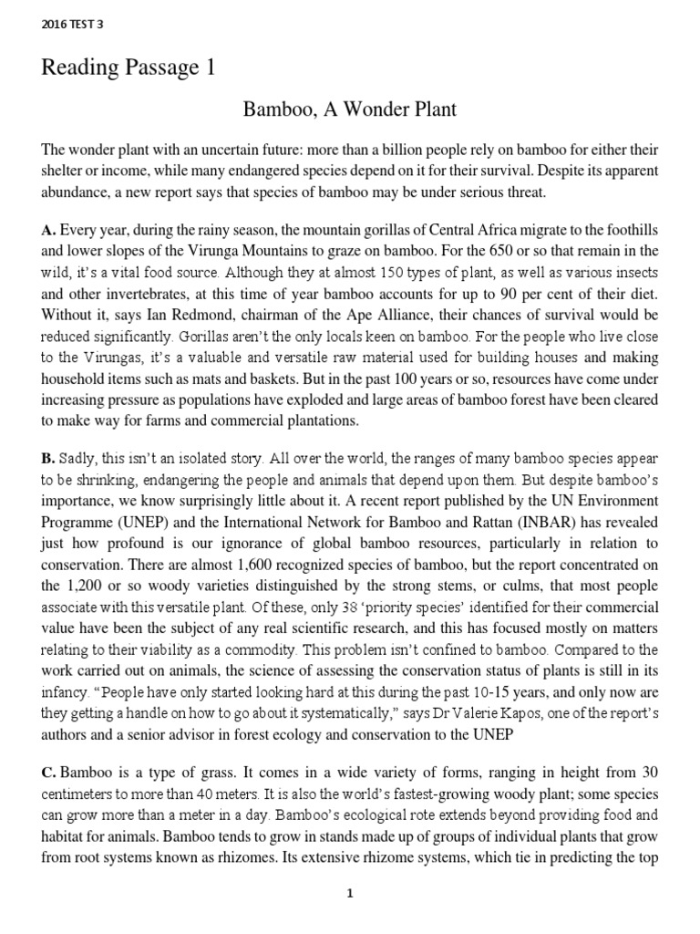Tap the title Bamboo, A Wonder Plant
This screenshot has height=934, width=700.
click(349, 109)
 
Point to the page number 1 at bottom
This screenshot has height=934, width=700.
click(349, 894)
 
